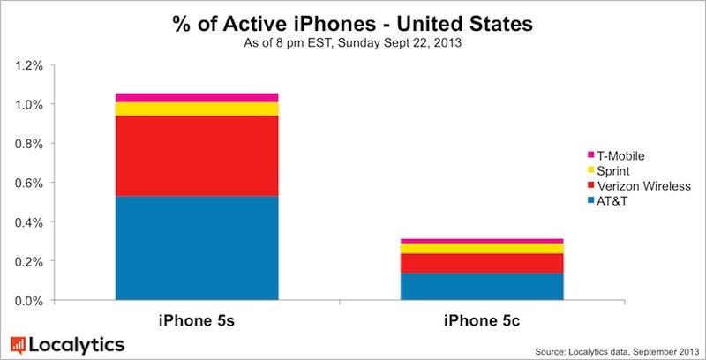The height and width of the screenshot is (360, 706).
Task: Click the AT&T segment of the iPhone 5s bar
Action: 197,248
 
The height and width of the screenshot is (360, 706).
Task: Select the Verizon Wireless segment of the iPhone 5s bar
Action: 197,155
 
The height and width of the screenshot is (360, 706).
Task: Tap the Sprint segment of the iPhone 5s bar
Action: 197,109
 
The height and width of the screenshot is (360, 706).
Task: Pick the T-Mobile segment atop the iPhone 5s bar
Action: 197,97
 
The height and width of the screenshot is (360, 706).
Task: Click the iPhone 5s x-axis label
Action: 196,317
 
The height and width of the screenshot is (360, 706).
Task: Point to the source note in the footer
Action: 609,349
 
